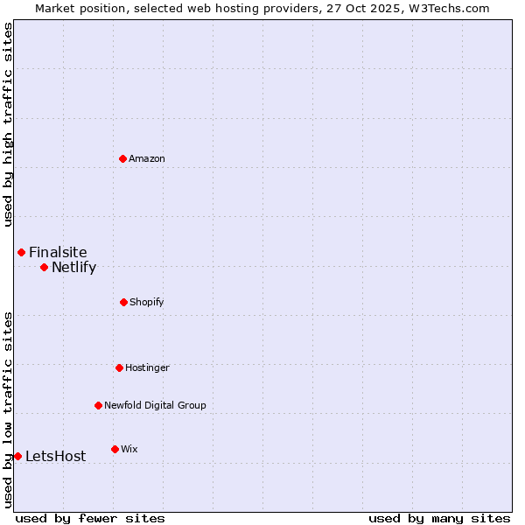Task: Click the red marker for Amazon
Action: (x=122, y=158)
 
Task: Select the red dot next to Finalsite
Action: (x=21, y=252)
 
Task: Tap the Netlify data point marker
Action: (x=44, y=267)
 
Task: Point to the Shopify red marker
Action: (x=123, y=302)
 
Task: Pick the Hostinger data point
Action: (x=119, y=367)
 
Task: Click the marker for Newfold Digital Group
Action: (x=98, y=405)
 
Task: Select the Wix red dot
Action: (x=115, y=449)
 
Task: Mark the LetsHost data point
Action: (x=17, y=456)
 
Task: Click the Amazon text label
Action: (x=147, y=158)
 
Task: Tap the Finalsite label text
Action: (x=58, y=253)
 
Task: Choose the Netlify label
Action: (x=73, y=268)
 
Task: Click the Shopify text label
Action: (x=146, y=302)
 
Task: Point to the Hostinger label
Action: (x=147, y=367)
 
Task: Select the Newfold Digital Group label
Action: (x=155, y=405)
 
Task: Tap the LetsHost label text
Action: (x=55, y=457)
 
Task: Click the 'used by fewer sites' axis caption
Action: (x=90, y=518)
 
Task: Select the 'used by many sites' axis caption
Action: (x=439, y=518)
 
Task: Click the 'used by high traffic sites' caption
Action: (x=8, y=124)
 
